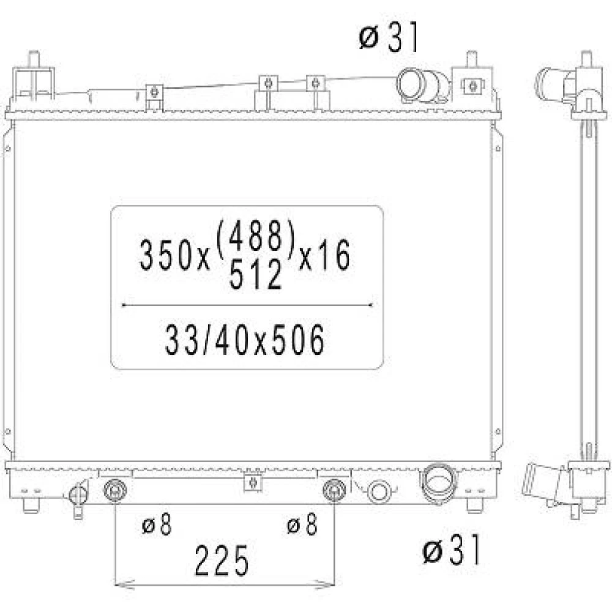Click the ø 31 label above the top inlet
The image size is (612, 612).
pos(389,37)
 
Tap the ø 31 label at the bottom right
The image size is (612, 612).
pos(452,550)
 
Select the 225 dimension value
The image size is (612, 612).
pos(222,561)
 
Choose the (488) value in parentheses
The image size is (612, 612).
pos(255,236)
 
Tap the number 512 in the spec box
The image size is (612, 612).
pos(255,274)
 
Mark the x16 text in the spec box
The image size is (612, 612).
pos(324,255)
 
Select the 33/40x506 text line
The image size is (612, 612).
pos(245,340)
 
